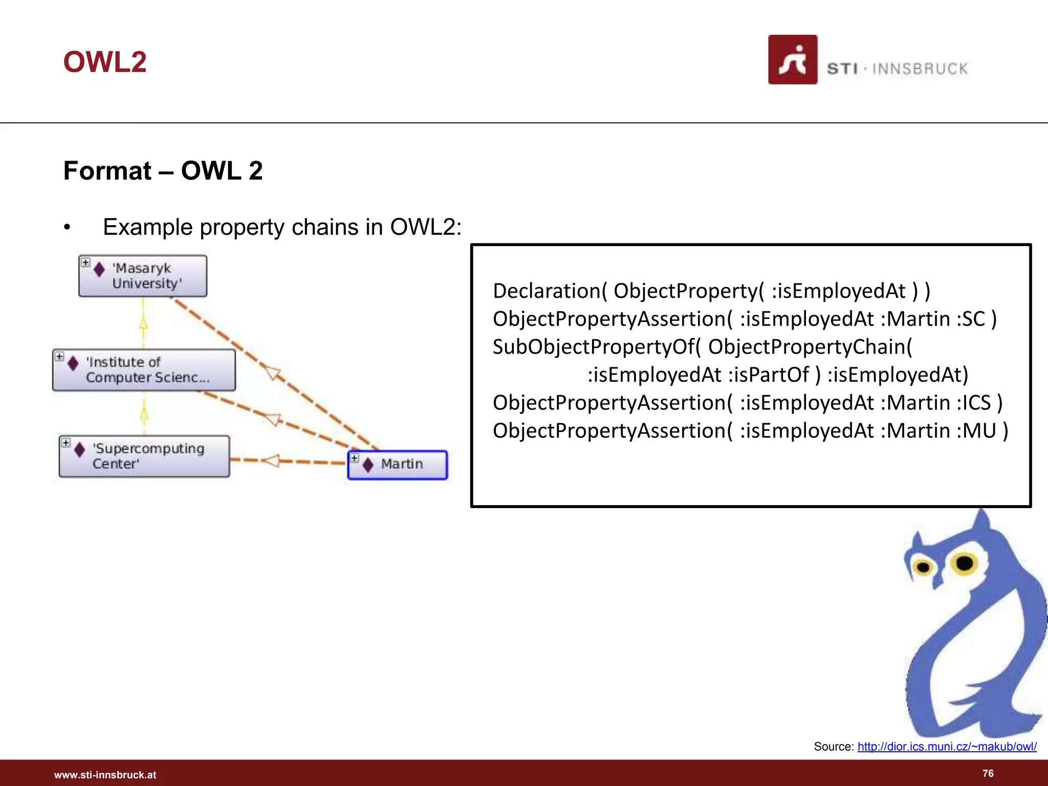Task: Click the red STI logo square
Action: tap(792, 59)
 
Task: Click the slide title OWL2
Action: tap(105, 62)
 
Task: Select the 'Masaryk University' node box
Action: tap(143, 276)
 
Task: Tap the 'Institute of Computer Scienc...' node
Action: tap(144, 370)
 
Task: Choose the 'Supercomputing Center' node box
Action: tap(144, 456)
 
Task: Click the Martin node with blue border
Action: tap(398, 465)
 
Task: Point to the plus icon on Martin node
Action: tap(355, 457)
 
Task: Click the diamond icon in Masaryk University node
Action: tap(99, 270)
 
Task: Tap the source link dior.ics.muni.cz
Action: tap(947, 747)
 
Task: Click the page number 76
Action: tap(988, 773)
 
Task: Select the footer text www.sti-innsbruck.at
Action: tap(105, 775)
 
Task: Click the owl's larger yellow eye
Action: tap(964, 563)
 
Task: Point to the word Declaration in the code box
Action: tap(546, 291)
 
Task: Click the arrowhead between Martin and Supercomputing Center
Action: tap(271, 461)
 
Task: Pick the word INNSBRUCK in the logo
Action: tap(920, 69)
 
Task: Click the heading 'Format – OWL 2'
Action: tap(163, 170)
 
